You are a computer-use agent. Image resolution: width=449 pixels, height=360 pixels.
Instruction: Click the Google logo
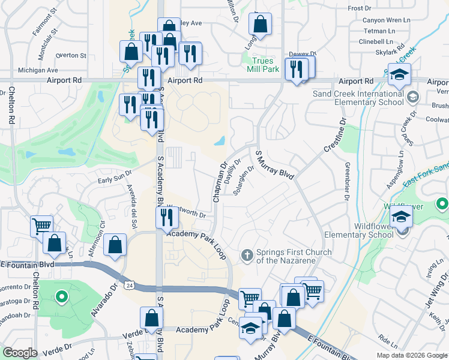coord(20,353)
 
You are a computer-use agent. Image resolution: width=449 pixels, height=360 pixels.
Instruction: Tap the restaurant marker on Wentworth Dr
coord(167,217)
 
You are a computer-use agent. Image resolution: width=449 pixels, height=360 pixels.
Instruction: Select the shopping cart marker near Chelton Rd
coord(41,226)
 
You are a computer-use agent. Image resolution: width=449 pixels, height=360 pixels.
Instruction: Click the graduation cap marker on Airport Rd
coord(398,74)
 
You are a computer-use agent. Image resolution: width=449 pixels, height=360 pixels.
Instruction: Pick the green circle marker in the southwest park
coord(60,296)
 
